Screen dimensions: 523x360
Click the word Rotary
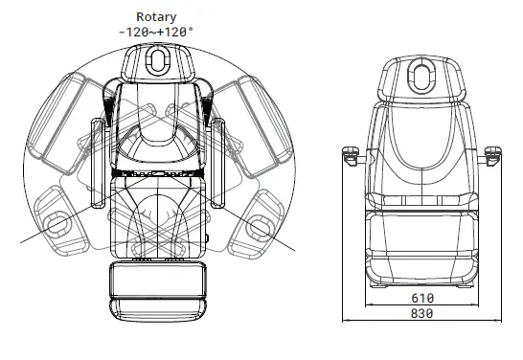pyautogui.click(x=156, y=16)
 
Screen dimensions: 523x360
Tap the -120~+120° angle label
pyautogui.click(x=156, y=32)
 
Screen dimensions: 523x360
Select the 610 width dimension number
pyautogui.click(x=422, y=298)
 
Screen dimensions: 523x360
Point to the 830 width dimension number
pyautogui.click(x=421, y=313)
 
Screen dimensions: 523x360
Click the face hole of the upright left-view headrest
pyautogui.click(x=157, y=60)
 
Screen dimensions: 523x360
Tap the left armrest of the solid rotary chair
pyautogui.click(x=98, y=163)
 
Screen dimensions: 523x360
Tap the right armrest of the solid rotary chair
pyautogui.click(x=217, y=163)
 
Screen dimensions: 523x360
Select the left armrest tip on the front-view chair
pyautogui.click(x=351, y=155)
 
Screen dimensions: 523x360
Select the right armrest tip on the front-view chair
pyautogui.click(x=493, y=155)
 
